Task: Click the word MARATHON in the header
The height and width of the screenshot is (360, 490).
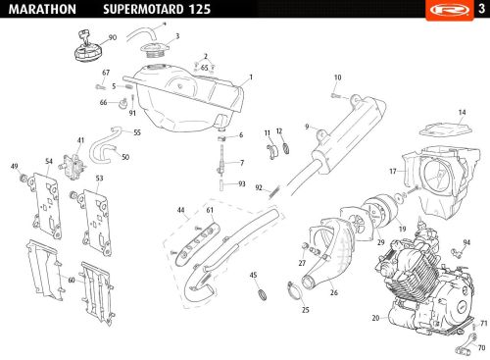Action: (x=42, y=9)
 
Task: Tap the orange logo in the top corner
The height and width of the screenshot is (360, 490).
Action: (x=450, y=10)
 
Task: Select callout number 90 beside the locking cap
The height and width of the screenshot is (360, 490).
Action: (x=113, y=37)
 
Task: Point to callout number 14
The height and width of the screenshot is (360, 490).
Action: (x=462, y=113)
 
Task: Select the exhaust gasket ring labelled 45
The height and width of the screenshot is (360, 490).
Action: (x=263, y=294)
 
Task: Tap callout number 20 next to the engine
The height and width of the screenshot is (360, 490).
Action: (x=375, y=318)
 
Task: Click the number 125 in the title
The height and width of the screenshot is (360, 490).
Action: (x=199, y=9)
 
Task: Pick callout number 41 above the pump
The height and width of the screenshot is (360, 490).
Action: (x=80, y=140)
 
